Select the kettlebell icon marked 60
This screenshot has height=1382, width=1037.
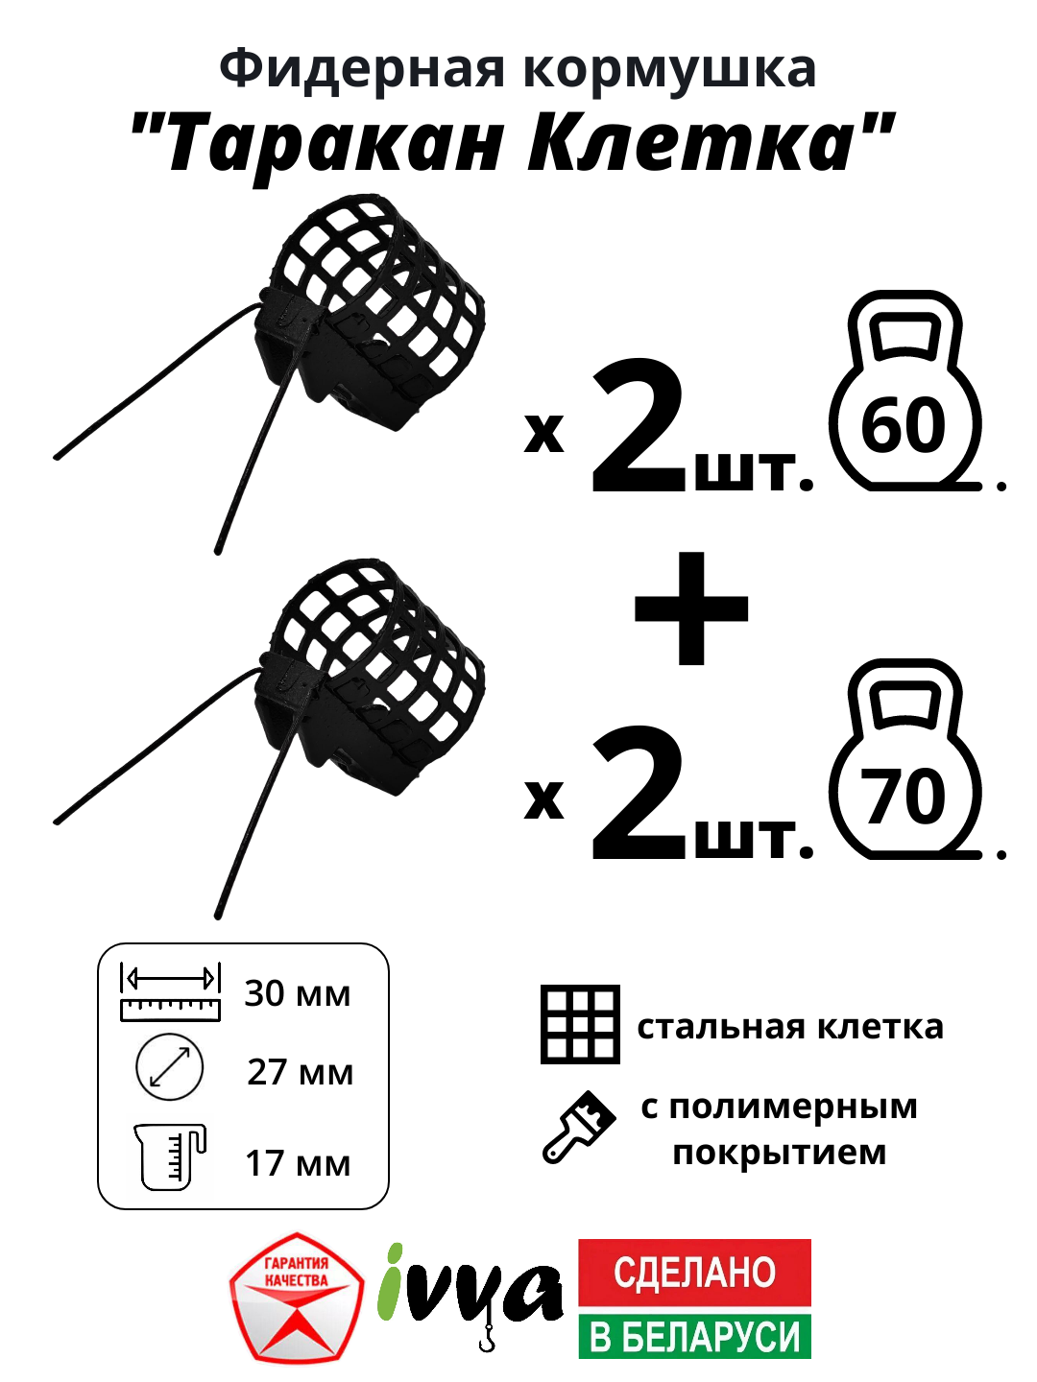click(x=904, y=393)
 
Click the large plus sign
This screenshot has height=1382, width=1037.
click(x=691, y=608)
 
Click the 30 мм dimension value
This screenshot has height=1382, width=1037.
click(x=298, y=993)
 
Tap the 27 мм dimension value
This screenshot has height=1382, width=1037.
click(x=300, y=1072)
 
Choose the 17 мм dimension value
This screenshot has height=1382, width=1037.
click(x=298, y=1163)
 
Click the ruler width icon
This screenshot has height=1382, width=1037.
click(x=170, y=992)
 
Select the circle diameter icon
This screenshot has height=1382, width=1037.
click(x=170, y=1067)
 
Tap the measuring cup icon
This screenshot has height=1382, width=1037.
click(x=170, y=1156)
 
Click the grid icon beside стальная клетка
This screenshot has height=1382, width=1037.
click(x=580, y=1024)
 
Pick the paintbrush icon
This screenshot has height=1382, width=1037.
click(x=578, y=1128)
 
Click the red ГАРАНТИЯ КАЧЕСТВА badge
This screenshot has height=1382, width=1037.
click(x=297, y=1298)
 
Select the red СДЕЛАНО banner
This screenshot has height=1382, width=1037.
click(x=694, y=1273)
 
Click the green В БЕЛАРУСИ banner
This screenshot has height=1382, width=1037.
click(x=694, y=1336)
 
